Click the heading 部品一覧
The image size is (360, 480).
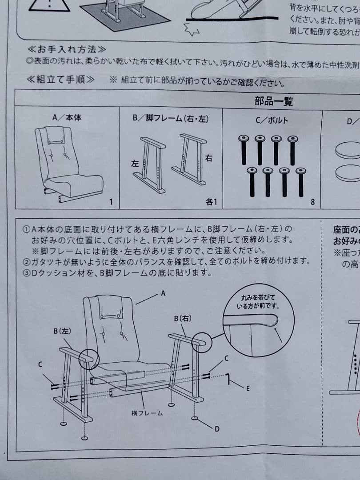(273, 101)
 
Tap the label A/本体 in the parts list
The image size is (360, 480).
(67, 118)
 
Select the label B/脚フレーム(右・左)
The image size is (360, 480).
(171, 119)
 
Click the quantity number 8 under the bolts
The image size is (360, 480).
(312, 202)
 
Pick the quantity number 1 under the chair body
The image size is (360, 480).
(111, 202)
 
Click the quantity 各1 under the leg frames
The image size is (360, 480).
(211, 202)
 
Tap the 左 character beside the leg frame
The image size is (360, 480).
(134, 164)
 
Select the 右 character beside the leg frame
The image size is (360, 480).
(209, 158)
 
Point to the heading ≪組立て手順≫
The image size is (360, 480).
(61, 80)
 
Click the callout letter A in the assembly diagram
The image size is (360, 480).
(163, 293)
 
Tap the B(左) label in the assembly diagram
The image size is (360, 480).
(62, 331)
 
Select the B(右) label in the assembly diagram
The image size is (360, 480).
(183, 319)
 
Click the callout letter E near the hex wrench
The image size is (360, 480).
(248, 388)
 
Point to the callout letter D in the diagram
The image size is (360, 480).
(217, 428)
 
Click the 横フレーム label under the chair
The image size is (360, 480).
(147, 413)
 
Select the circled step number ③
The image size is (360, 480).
(26, 272)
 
